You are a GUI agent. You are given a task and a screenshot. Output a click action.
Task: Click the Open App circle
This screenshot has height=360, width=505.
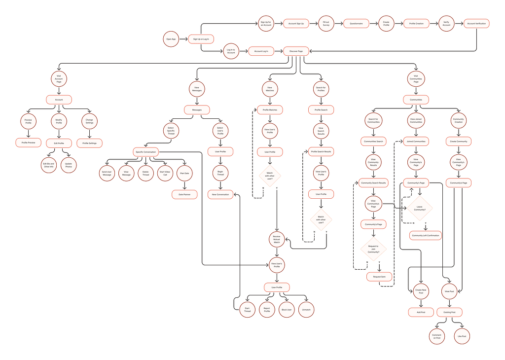171,39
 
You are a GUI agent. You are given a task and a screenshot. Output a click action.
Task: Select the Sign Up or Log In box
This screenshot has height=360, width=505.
201,39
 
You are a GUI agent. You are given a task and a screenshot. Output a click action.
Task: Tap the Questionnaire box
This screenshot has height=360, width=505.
356,23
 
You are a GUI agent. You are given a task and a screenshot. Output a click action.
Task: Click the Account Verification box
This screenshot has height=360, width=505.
477,23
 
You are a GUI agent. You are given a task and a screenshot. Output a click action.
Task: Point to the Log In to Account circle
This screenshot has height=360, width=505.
230,51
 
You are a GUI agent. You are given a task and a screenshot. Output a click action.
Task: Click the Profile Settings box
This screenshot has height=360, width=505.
89,144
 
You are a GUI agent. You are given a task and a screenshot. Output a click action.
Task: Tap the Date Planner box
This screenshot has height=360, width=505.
184,195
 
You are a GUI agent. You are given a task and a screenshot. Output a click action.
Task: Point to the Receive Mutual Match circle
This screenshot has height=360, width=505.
277,239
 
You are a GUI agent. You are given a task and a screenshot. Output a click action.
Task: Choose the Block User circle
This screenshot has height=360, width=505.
287,310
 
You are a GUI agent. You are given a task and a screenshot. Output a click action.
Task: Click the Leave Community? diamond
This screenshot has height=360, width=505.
420,209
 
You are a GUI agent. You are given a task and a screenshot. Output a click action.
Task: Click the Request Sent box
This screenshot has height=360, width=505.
379,277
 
